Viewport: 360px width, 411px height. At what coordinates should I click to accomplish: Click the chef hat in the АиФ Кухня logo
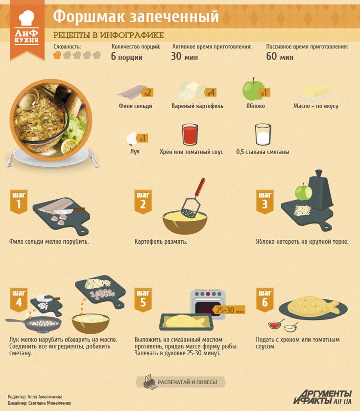[x=26, y=18]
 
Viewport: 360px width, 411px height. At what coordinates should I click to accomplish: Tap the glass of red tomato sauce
[x=190, y=135]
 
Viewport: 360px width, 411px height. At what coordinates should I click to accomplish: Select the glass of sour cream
[x=263, y=135]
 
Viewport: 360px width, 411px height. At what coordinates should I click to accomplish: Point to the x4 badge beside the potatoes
[x=211, y=92]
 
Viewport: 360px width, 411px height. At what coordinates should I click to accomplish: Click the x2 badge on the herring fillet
[x=147, y=92]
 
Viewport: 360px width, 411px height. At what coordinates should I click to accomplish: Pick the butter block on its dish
[x=316, y=93]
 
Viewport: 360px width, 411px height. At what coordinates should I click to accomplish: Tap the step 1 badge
[x=19, y=202]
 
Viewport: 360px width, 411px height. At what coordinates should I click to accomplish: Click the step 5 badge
[x=143, y=299]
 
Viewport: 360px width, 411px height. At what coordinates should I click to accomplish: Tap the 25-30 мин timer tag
[x=229, y=310]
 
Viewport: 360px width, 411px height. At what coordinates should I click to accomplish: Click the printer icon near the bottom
[x=150, y=382]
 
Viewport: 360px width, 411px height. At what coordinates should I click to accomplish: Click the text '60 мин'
[x=280, y=56]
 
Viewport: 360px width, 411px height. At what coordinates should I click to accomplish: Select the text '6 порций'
[x=126, y=56]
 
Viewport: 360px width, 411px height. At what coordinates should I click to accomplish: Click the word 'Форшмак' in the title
[x=89, y=17]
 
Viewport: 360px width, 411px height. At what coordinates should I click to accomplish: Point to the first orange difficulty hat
[x=57, y=55]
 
